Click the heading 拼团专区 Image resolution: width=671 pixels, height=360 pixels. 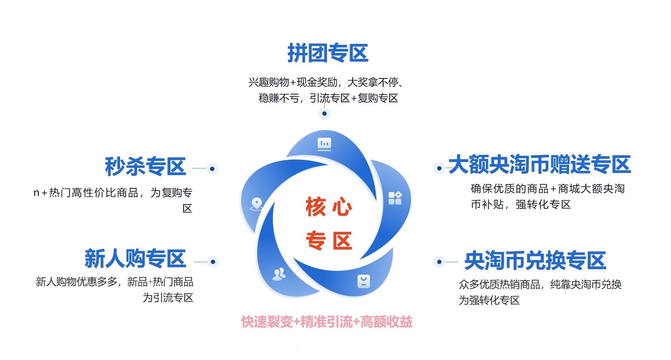[328, 53]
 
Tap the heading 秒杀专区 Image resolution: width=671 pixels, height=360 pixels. [146, 166]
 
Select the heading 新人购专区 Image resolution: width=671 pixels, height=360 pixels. [135, 258]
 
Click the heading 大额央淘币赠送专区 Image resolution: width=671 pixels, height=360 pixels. [540, 164]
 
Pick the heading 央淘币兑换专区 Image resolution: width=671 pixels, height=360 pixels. [535, 261]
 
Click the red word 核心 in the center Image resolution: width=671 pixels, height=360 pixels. [329, 207]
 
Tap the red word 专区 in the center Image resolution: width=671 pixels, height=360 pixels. [329, 240]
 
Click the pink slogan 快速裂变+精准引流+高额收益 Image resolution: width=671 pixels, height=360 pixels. [327, 322]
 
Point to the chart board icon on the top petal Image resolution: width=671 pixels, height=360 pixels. [324, 144]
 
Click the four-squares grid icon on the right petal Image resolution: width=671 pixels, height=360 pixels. [395, 198]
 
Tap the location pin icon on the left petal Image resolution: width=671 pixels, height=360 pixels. [257, 204]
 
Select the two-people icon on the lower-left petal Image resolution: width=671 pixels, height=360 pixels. [279, 274]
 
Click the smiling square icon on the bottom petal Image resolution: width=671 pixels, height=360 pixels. [364, 282]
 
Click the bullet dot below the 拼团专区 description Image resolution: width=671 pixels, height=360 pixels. [324, 114]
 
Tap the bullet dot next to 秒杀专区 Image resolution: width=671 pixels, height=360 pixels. [212, 169]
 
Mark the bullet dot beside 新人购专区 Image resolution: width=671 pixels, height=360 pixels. [213, 262]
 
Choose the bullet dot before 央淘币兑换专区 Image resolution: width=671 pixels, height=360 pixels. [439, 262]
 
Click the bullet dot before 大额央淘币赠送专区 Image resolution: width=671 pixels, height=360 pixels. [439, 168]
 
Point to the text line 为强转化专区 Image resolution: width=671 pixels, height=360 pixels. [489, 300]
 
